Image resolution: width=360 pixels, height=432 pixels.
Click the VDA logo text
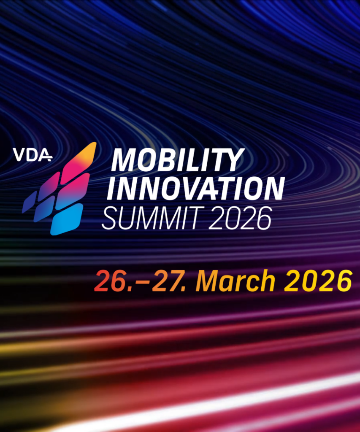[32, 155]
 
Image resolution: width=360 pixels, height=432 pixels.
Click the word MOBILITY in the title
[178, 160]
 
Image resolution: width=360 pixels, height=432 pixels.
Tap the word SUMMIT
[151, 218]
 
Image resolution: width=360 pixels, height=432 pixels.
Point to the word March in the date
[235, 281]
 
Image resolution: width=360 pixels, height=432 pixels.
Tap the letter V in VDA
[19, 155]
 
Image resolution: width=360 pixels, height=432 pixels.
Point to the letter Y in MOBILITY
[234, 160]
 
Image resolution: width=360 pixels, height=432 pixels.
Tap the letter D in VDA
[32, 155]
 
